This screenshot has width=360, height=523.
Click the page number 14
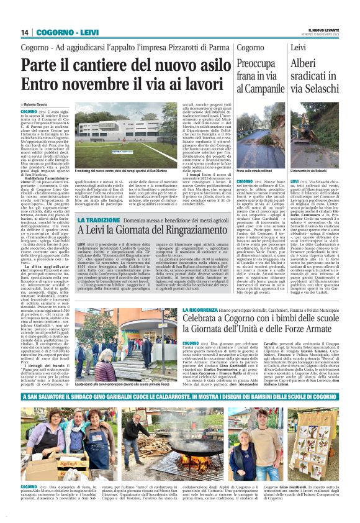[x=25, y=32]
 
